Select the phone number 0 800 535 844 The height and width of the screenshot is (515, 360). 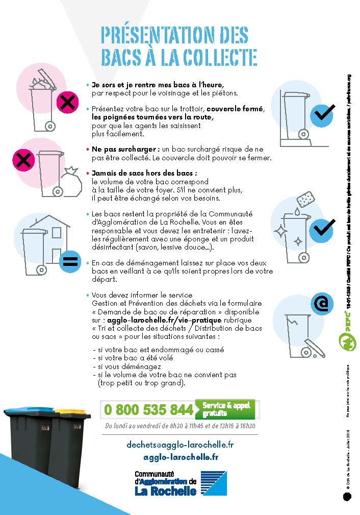148,409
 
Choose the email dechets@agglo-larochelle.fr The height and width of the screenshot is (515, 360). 180,445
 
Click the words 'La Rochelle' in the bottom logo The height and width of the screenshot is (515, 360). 165,491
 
